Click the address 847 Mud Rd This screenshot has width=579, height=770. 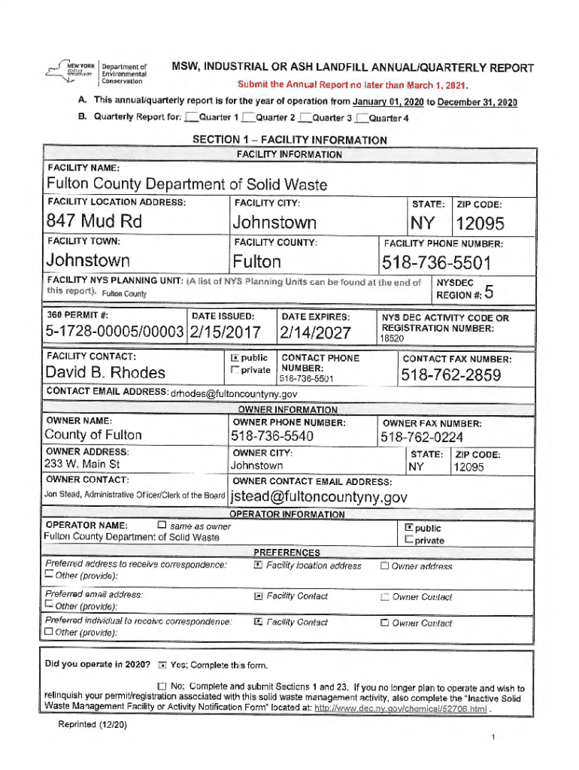(94, 223)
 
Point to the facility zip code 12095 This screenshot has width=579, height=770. (479, 224)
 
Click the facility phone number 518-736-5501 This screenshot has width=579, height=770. (436, 263)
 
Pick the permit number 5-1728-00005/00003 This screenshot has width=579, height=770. (114, 332)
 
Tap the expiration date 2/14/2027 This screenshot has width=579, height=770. (314, 332)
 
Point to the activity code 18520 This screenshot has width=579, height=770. (393, 340)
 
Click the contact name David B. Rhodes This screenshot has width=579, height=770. (106, 373)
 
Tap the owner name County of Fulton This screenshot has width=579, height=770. (93, 435)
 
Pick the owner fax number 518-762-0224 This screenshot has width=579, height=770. (421, 438)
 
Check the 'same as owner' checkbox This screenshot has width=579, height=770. (162, 525)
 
